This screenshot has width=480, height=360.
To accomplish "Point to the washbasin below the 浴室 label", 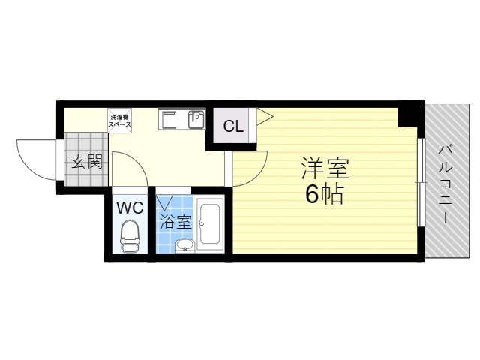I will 184,244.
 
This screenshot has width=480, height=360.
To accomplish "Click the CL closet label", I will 233,126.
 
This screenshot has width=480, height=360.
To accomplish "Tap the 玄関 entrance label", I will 86,161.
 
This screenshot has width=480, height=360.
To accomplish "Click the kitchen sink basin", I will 196,120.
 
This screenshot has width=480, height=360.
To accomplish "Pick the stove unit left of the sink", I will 169,119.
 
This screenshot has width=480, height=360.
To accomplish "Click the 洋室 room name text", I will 325,167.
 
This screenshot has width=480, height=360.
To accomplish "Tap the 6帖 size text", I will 324,194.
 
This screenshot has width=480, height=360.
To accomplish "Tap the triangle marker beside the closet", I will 264,115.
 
